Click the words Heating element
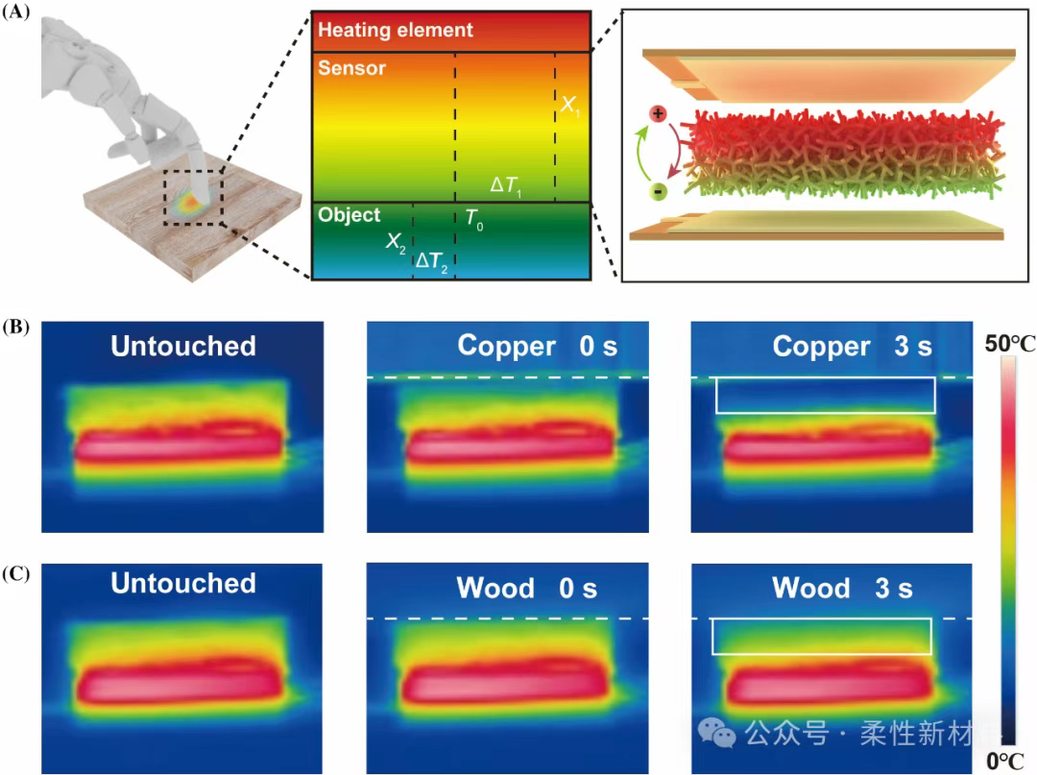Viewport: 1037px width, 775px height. [x=396, y=30]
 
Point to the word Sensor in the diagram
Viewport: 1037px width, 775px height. [x=351, y=68]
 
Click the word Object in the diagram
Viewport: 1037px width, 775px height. [x=350, y=215]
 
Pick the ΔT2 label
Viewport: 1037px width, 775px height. [x=431, y=259]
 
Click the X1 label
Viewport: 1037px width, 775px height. [x=571, y=107]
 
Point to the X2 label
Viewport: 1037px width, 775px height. [x=395, y=241]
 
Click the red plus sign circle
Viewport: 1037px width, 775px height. [x=658, y=113]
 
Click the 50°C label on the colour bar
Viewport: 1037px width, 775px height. [x=1008, y=343]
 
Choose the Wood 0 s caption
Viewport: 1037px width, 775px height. [x=526, y=588]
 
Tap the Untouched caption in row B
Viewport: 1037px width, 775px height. [x=183, y=346]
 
